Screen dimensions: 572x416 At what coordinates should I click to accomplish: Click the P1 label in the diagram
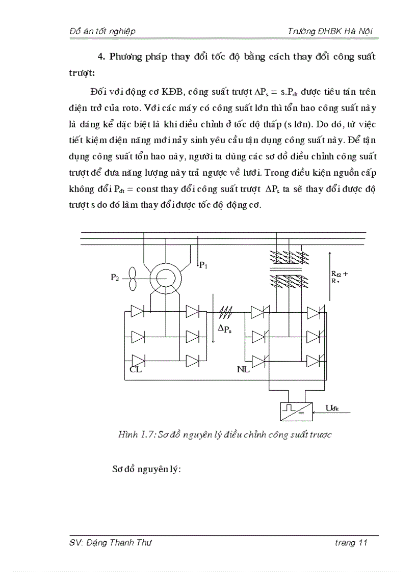point(203,265)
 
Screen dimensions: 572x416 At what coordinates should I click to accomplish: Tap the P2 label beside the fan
point(116,278)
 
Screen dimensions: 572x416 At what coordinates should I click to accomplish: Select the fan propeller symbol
point(133,278)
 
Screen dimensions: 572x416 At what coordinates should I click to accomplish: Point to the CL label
point(135,369)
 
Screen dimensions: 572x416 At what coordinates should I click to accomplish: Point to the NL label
point(243,369)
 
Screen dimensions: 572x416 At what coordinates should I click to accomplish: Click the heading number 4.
point(100,57)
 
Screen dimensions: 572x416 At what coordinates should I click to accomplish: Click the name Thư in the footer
point(144,543)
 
